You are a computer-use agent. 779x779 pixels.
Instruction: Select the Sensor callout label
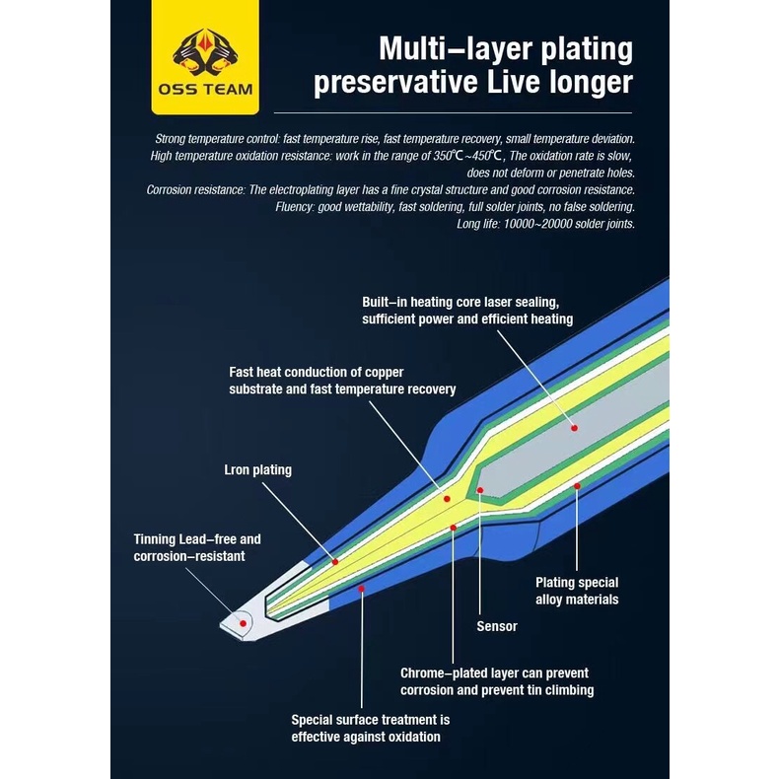tap(497, 626)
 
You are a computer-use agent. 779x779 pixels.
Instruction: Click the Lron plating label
tap(258, 469)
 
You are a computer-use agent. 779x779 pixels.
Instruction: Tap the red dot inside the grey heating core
tap(573, 427)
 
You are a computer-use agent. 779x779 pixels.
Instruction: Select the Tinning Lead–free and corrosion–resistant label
tap(197, 547)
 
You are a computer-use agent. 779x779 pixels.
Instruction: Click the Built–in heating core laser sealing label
tap(466, 311)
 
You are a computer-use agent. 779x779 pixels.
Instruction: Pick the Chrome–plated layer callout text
tap(497, 680)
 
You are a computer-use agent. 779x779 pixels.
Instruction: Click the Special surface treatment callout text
tap(371, 728)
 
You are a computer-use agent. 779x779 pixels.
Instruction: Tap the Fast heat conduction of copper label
tap(342, 381)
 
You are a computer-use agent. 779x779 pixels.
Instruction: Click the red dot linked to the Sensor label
tap(480, 489)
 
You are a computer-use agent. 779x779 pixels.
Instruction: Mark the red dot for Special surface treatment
tap(362, 588)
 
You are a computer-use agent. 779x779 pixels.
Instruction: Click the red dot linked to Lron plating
tap(335, 561)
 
